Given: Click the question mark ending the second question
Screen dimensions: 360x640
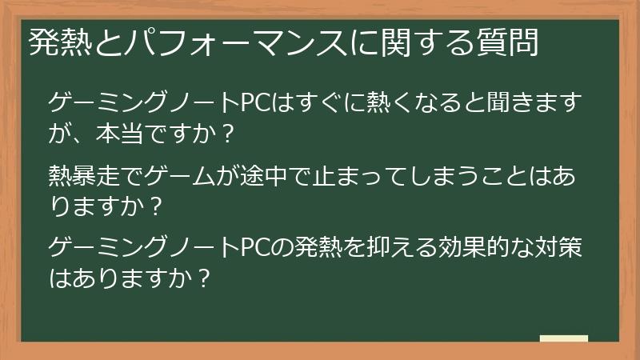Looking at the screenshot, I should coord(158,206).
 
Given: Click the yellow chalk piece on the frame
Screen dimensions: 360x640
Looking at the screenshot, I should coord(564,339).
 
